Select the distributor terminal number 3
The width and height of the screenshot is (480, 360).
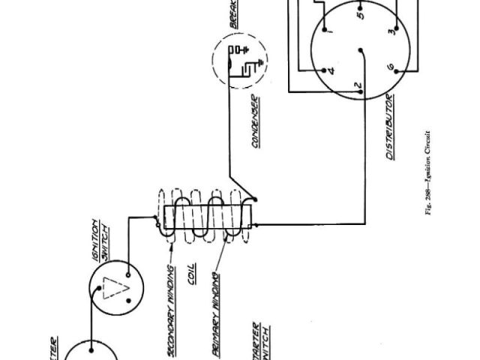(x=392, y=32)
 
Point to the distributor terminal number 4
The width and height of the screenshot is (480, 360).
(x=331, y=72)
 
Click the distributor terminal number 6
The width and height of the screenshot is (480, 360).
(x=391, y=69)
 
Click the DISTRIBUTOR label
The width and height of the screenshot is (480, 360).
(x=390, y=127)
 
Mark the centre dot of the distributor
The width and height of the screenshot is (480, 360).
(x=361, y=51)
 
